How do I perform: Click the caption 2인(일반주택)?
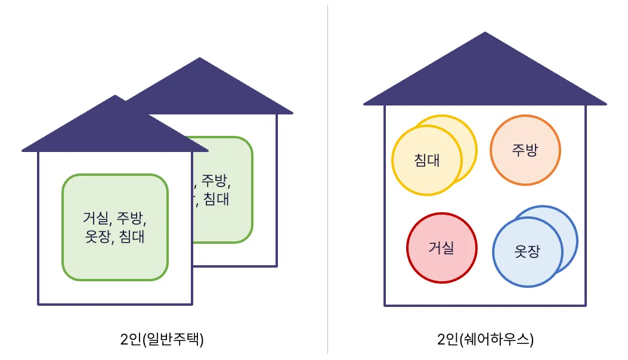pyautogui.click(x=162, y=340)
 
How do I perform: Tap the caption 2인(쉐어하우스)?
pyautogui.click(x=485, y=340)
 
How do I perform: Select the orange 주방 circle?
pyautogui.click(x=525, y=150)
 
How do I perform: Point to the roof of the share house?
pyautogui.click(x=485, y=77)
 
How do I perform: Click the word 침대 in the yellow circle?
pyautogui.click(x=426, y=160)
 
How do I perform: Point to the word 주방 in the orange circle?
pyautogui.click(x=525, y=150)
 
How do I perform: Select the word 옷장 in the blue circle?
pyautogui.click(x=527, y=252)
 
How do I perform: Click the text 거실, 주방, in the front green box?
pyautogui.click(x=115, y=217)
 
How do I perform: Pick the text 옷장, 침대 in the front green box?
pyautogui.click(x=115, y=237)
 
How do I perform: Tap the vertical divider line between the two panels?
pyautogui.click(x=327, y=179)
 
